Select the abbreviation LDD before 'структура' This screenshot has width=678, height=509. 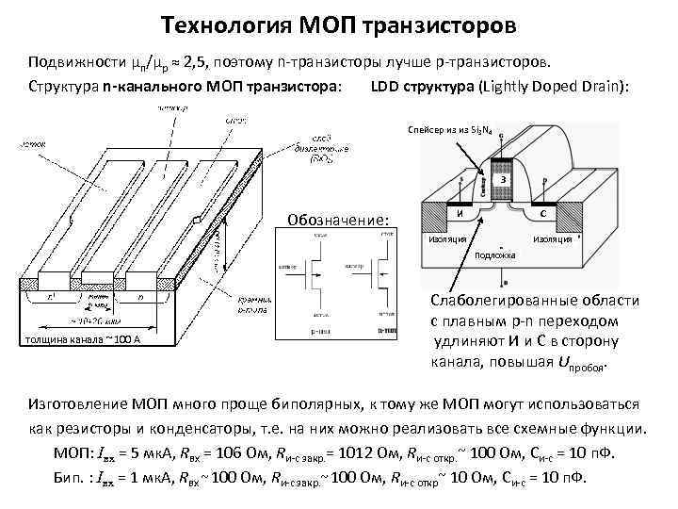point(385,88)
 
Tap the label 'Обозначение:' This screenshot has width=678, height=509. point(340,220)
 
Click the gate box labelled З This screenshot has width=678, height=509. point(505,179)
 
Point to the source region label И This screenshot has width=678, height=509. point(459,213)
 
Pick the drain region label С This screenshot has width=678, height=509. point(544,212)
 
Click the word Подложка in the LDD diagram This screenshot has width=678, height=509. point(495,255)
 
